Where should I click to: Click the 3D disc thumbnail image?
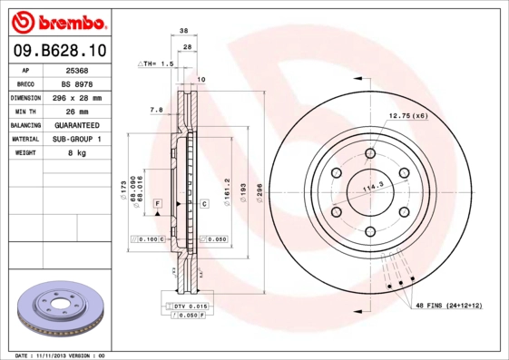[x=63, y=308]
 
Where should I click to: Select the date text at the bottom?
[x=61, y=355]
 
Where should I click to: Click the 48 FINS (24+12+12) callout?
[x=449, y=306]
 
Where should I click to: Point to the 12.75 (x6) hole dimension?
[x=408, y=116]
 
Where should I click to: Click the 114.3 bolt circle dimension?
[x=373, y=189]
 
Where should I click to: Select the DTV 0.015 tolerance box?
[x=190, y=307]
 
